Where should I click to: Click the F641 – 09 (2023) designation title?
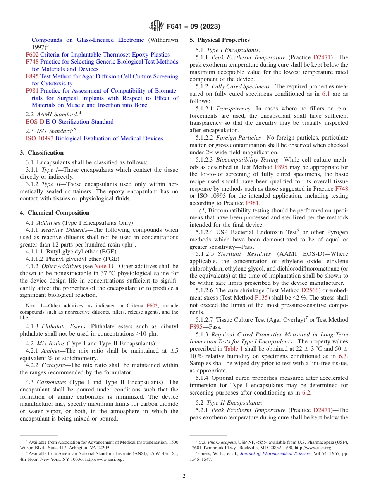[193, 27]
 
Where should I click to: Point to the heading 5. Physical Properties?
[220, 40]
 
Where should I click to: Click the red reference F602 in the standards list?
[32, 55]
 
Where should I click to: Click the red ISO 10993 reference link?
[40, 138]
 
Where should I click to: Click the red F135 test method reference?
[261, 298]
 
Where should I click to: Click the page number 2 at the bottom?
[184, 476]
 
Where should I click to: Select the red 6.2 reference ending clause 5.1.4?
[306, 392]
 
